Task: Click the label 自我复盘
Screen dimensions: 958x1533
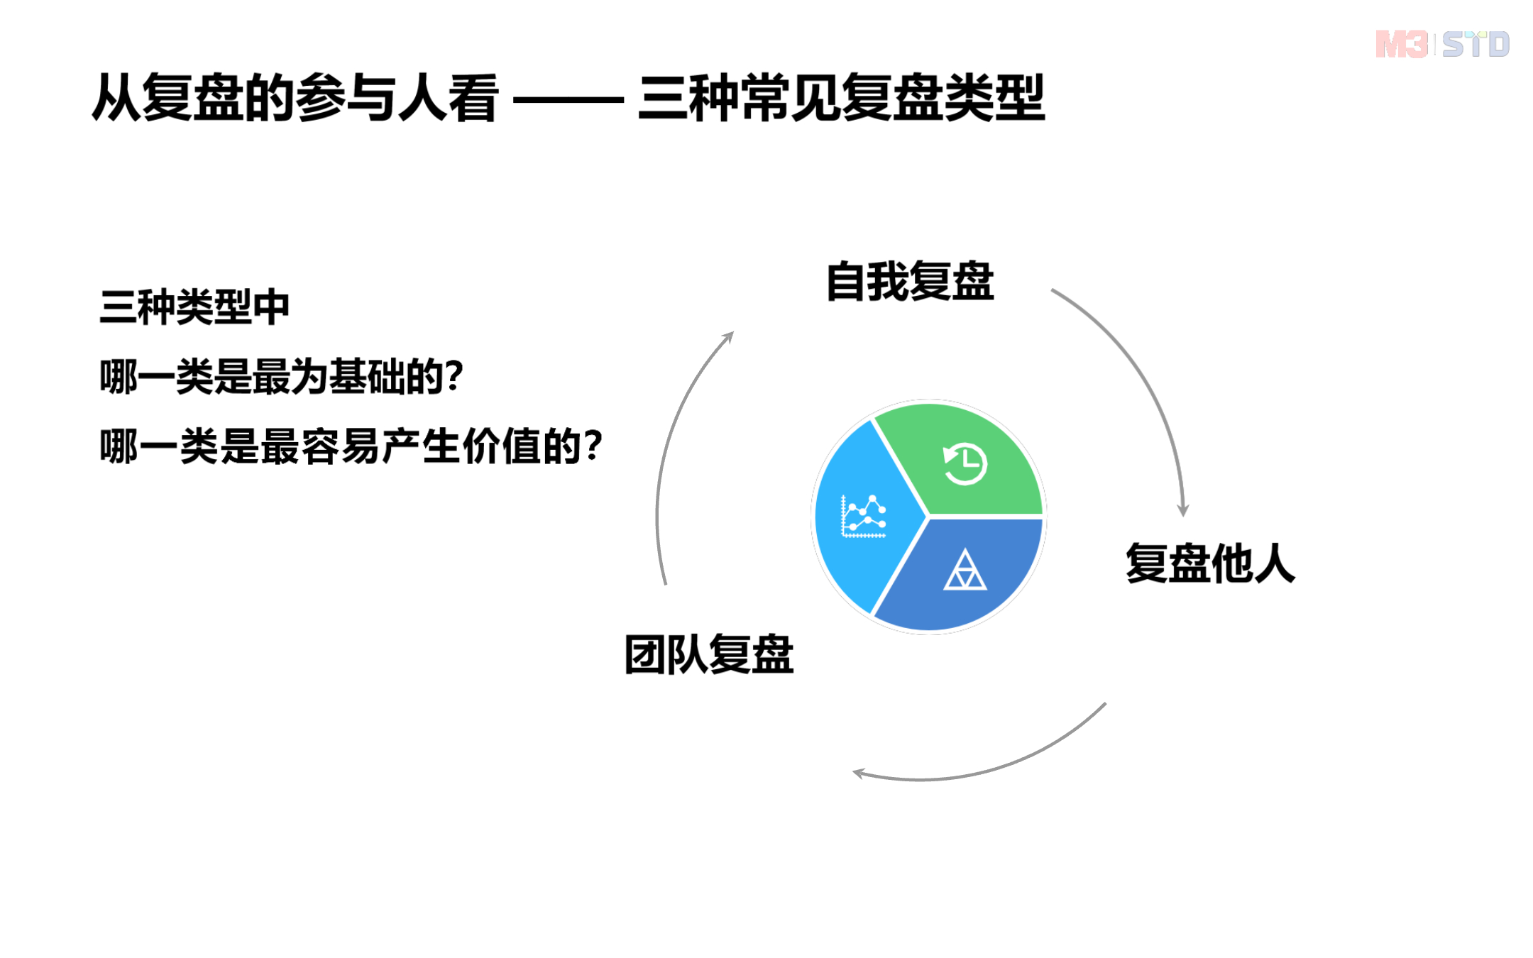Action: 910,282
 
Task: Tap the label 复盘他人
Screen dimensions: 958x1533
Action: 1210,563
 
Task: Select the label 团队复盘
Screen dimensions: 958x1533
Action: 708,654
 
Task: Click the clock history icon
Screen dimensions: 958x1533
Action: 965,464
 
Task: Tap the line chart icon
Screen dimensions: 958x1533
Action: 863,517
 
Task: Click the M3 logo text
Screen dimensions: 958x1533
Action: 1401,45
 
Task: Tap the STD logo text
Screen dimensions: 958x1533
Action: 1476,45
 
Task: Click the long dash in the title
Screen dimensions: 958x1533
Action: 568,100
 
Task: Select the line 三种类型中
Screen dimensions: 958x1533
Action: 194,307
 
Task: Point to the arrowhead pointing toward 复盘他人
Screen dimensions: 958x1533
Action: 1182,510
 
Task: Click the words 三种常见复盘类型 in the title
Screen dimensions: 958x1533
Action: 841,98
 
